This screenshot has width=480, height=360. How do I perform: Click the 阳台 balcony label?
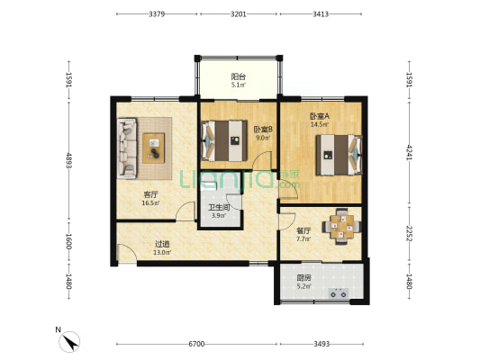tap(238, 76)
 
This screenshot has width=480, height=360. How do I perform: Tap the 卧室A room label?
tap(320, 116)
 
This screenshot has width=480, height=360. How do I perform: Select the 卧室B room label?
tap(263, 130)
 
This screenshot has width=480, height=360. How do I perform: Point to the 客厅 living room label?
tap(150, 194)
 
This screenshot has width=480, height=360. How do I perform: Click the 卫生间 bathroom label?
tap(219, 207)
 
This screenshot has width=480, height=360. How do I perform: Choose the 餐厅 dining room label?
tap(303, 230)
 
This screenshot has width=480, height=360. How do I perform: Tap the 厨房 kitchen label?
tap(303, 278)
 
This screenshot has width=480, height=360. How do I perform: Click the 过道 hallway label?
tap(162, 244)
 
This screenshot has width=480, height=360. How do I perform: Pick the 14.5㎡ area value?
tap(320, 124)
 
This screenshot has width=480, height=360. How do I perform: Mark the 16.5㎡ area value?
tap(150, 202)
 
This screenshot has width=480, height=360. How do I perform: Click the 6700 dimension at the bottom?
tap(196, 344)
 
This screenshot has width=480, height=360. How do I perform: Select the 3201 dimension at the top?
tap(238, 14)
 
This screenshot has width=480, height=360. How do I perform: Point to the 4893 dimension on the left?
tap(68, 161)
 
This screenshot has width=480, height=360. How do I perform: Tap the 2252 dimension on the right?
tap(409, 234)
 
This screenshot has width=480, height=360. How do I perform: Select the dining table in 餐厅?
tap(341, 227)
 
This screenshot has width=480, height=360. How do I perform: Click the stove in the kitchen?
tap(339, 293)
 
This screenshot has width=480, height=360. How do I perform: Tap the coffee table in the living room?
tap(154, 148)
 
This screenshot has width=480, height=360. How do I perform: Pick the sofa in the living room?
tap(127, 148)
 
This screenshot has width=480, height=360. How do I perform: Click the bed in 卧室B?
tap(224, 140)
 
